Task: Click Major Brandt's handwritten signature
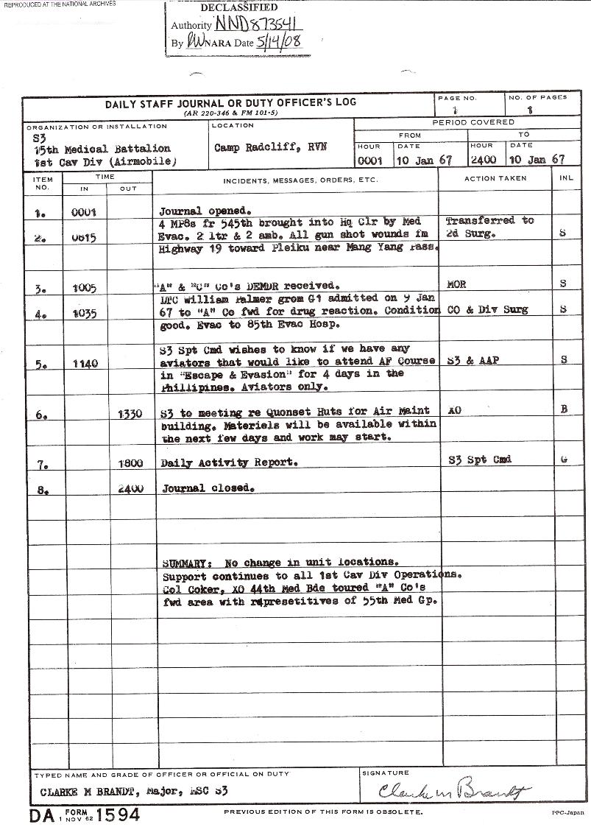tap(454, 792)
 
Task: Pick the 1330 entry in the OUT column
tap(130, 415)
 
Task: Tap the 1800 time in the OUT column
tap(130, 465)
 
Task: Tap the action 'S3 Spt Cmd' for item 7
tap(479, 460)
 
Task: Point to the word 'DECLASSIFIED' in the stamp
tap(239, 7)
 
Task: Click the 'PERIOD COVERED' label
tap(473, 122)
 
